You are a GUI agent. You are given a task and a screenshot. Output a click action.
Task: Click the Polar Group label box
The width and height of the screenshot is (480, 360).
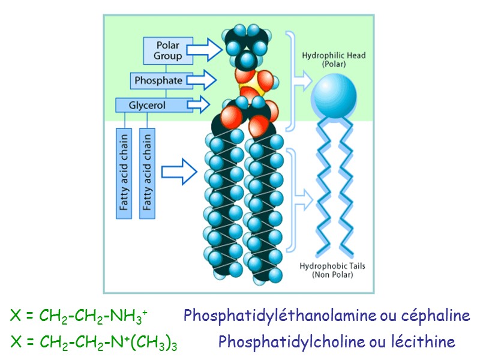168,50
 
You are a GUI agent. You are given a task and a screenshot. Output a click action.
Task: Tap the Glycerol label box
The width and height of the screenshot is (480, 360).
147,105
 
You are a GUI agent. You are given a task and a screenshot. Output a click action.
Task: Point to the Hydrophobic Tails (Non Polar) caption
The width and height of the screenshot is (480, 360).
332,270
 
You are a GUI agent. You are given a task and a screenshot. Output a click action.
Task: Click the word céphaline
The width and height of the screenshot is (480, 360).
436,315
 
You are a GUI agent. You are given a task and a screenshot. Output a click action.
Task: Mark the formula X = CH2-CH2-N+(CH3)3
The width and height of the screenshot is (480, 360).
94,343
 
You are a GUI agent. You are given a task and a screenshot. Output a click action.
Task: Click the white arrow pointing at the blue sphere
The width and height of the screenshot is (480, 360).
302,79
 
